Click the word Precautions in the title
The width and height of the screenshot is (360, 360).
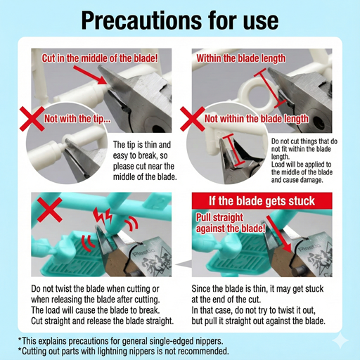click(141, 20)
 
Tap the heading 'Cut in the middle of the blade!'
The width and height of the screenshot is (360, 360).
click(100, 58)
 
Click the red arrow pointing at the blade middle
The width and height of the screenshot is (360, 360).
click(89, 75)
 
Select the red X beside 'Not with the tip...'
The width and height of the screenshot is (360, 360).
click(32, 119)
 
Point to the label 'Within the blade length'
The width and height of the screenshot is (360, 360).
click(241, 58)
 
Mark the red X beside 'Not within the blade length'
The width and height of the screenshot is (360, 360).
click(193, 119)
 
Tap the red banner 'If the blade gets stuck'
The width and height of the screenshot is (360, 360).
click(262, 201)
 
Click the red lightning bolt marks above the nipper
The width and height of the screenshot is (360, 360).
click(103, 215)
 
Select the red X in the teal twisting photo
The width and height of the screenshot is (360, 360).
click(50, 210)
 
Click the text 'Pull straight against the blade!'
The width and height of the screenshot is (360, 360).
click(231, 223)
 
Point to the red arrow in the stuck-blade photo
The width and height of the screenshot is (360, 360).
click(279, 234)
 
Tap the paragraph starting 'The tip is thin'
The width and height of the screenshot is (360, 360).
click(145, 161)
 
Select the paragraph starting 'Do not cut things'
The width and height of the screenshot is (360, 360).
click(304, 161)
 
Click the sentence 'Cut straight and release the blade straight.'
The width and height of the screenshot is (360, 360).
click(103, 321)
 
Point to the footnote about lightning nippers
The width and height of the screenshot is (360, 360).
click(123, 351)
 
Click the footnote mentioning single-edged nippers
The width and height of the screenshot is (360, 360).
click(121, 341)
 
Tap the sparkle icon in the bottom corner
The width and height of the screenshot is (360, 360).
click(340, 340)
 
